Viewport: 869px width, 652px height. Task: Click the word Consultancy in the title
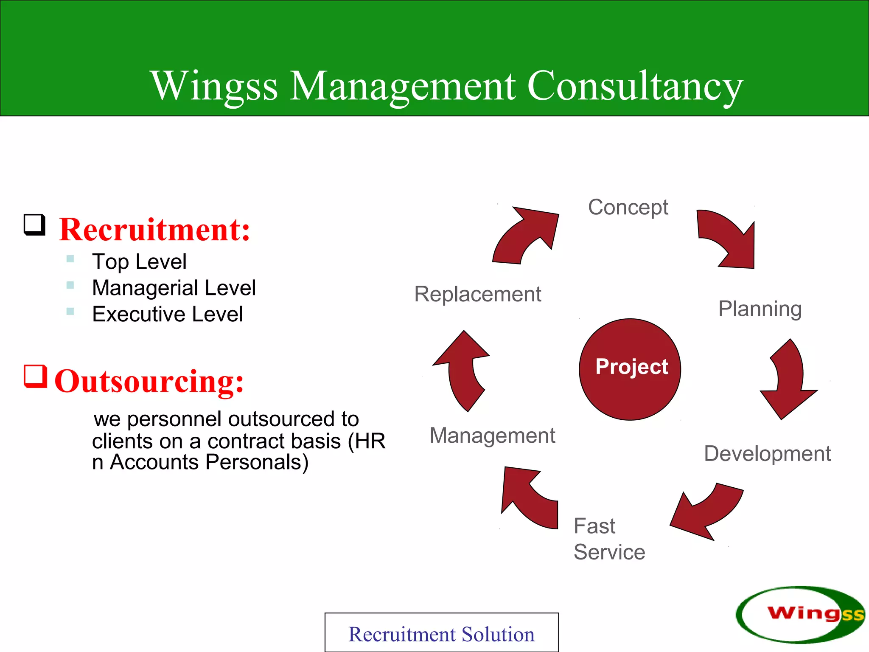click(635, 86)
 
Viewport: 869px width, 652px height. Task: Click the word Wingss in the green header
click(214, 86)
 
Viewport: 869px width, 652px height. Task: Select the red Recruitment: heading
click(154, 230)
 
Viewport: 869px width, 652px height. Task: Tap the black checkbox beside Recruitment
click(34, 225)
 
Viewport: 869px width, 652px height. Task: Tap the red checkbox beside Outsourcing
click(35, 376)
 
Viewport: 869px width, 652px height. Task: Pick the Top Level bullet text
click(139, 261)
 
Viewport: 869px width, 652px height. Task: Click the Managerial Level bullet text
click(174, 288)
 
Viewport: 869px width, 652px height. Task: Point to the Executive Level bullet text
click(168, 314)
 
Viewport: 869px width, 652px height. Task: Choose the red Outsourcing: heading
click(149, 381)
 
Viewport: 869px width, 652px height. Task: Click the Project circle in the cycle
click(630, 369)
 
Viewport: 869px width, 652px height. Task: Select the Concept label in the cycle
click(628, 208)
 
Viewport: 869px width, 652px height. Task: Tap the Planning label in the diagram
click(760, 309)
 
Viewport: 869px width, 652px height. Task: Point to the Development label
click(767, 453)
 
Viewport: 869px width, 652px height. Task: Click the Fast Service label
click(609, 539)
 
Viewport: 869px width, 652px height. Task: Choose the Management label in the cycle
click(492, 436)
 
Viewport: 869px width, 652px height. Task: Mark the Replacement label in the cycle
click(478, 294)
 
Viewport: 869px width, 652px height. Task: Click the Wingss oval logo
click(800, 614)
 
